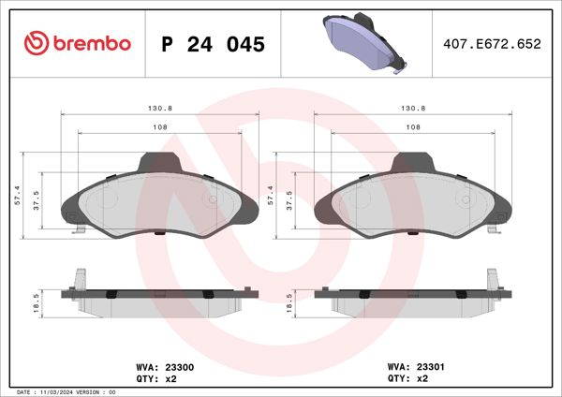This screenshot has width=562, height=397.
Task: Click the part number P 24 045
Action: click(214, 45)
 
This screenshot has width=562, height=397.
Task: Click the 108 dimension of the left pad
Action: click(159, 127)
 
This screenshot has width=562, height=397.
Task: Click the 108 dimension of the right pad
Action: click(413, 127)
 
